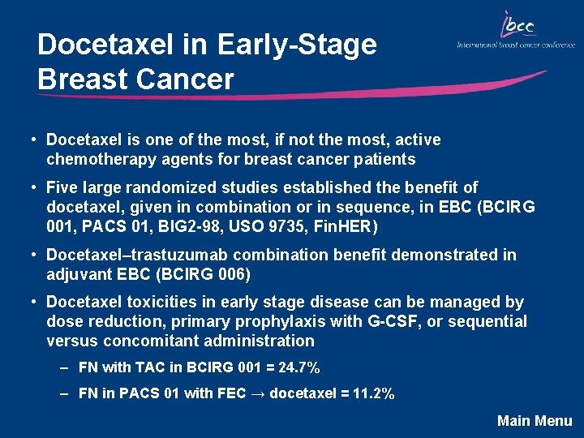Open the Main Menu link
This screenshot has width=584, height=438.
point(535,420)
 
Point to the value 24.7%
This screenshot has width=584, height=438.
point(298,367)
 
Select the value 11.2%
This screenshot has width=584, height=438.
point(375,394)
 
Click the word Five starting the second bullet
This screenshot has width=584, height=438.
point(63,187)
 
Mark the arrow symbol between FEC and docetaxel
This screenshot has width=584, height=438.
point(255,394)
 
